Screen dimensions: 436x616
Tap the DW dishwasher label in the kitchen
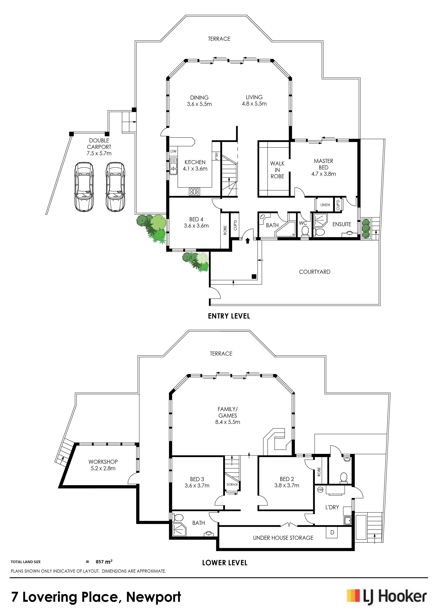(173, 151)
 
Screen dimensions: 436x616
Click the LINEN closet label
(325, 205)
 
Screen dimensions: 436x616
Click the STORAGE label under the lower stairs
(232, 484)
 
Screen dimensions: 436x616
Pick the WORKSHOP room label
(103, 462)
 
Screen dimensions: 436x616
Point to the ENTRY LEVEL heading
(229, 316)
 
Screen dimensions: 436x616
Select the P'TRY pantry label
(217, 156)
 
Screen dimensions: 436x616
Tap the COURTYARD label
(315, 272)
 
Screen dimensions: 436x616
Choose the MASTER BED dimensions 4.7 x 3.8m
(324, 174)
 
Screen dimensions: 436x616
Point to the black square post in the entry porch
(254, 276)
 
